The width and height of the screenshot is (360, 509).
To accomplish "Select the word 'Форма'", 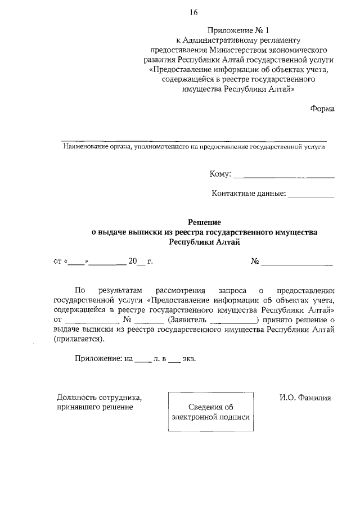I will (322, 109).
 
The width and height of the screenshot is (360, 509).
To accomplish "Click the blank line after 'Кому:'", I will (283, 176).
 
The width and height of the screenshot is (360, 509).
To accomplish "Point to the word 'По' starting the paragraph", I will (80, 290).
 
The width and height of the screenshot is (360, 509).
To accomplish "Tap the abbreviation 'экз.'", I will (189, 359).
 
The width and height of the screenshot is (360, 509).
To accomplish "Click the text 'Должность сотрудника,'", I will (99, 398).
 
